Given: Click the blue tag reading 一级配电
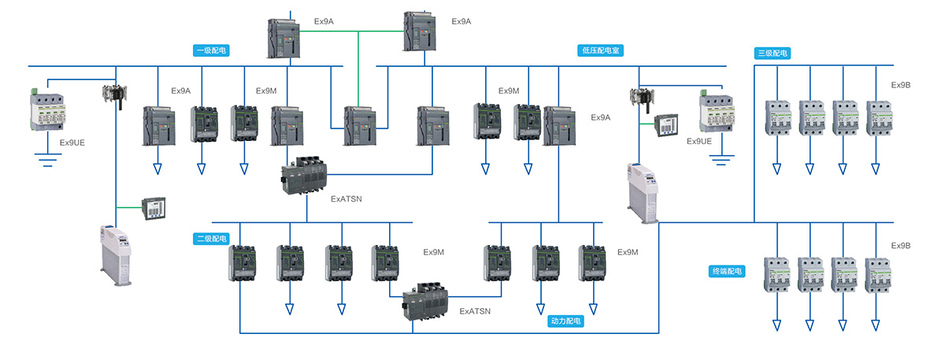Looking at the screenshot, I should [211, 50].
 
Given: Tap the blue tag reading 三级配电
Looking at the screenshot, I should [772, 53].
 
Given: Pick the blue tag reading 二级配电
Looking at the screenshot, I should [211, 238].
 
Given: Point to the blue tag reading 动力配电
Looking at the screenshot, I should [567, 321].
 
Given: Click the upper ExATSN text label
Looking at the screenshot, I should [346, 201].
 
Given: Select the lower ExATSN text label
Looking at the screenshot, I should [475, 311].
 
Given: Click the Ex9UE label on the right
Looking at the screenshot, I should [699, 141].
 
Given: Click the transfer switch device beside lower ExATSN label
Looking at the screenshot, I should [425, 303].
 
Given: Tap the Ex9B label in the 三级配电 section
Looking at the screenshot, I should [901, 84].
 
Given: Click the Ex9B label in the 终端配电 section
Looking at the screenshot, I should [901, 246].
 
